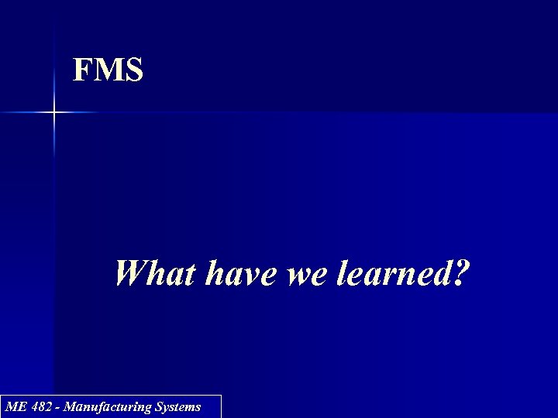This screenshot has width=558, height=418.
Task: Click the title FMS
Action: [108, 70]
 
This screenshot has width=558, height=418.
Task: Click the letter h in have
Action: [215, 273]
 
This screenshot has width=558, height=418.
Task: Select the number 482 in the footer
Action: [41, 406]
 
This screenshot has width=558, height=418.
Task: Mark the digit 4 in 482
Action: [34, 406]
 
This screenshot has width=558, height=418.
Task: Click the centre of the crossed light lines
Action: [54, 113]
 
